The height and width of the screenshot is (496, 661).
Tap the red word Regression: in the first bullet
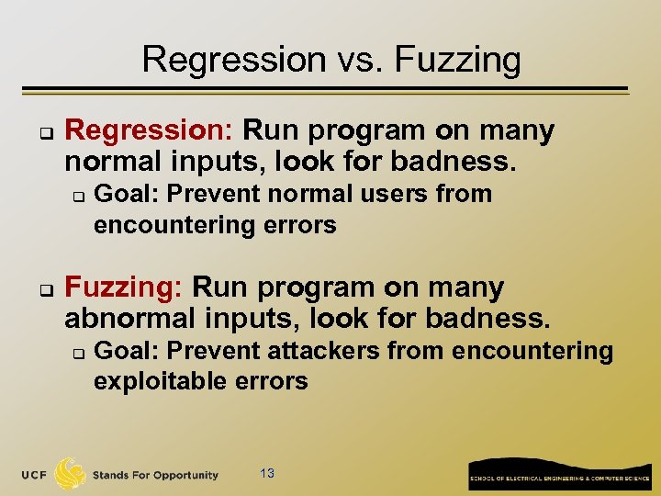149,131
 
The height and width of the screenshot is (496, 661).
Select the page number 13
267,473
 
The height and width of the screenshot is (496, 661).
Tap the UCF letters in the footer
36,475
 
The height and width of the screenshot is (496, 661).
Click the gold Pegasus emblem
71,473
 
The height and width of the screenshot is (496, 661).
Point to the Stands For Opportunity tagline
155,476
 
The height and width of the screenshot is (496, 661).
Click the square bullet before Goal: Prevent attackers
79,353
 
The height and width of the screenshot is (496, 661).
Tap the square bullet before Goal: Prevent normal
79,196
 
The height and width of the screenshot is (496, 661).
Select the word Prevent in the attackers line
214,351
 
